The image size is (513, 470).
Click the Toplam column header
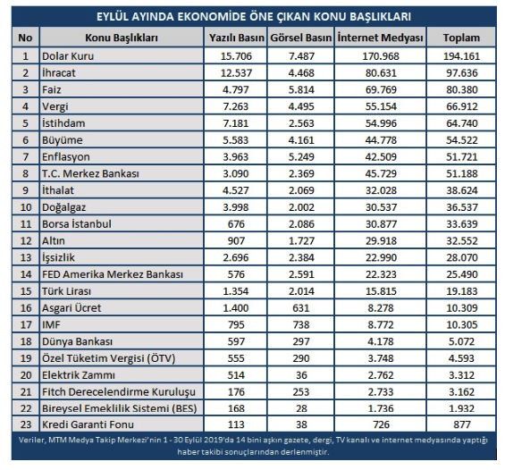[x=461, y=38]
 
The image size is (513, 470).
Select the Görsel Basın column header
[x=300, y=38]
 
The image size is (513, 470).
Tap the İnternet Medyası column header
[x=380, y=38]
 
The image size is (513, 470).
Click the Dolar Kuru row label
[x=68, y=56]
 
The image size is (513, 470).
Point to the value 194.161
[x=461, y=56]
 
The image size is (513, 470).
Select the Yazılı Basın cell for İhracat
[x=236, y=73]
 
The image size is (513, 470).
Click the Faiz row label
[x=51, y=89]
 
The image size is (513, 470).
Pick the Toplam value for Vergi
[x=462, y=106]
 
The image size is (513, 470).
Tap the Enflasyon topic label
[x=66, y=157]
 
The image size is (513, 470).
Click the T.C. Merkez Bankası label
[x=90, y=173]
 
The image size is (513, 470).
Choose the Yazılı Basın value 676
[x=236, y=224]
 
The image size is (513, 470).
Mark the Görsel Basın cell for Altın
[x=301, y=241]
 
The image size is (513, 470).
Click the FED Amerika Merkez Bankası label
[x=113, y=274]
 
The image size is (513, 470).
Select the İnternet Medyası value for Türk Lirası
[x=381, y=291]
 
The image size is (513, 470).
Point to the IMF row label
[x=51, y=324]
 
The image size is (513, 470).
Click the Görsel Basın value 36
[x=301, y=375]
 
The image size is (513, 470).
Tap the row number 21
[x=26, y=392]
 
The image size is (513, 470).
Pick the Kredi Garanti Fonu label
[x=88, y=424]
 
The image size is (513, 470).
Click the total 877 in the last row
[x=462, y=424]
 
